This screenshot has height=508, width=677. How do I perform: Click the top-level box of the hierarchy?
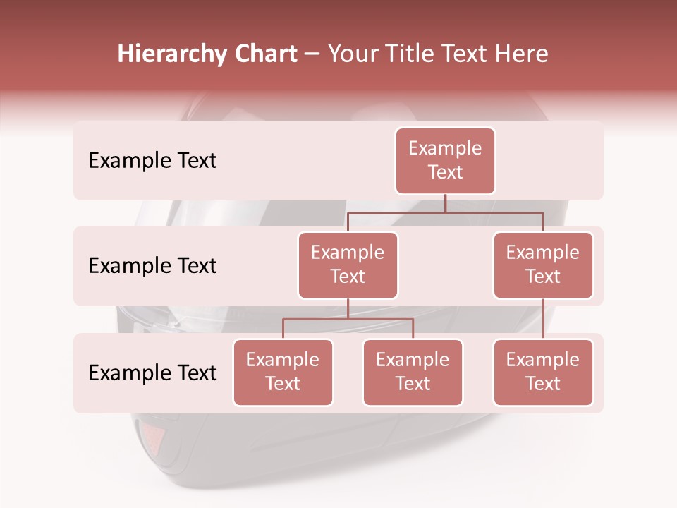[x=445, y=161]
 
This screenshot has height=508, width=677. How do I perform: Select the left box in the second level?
[x=348, y=265]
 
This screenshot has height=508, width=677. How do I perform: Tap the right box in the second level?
[x=543, y=265]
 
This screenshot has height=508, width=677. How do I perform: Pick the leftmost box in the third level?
[x=283, y=373]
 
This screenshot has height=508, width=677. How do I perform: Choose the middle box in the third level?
[x=413, y=373]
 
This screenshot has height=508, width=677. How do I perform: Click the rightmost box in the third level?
[x=543, y=373]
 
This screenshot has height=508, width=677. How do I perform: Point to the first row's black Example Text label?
[x=152, y=161]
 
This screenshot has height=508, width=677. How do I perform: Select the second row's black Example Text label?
[x=152, y=266]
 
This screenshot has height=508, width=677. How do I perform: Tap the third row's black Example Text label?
[x=152, y=373]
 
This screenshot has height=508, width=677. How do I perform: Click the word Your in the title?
[x=352, y=54]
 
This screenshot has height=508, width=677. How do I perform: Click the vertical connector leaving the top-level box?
[x=445, y=203]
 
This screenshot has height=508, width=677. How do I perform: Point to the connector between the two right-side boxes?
[x=543, y=319]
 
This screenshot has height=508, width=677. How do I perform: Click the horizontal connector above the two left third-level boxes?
[x=348, y=319]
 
